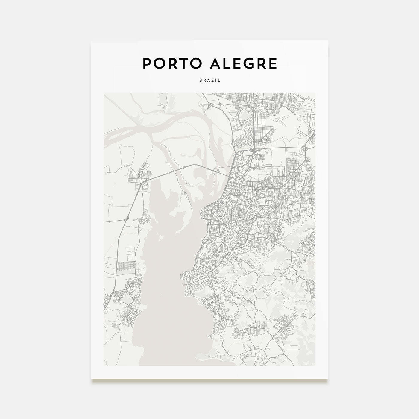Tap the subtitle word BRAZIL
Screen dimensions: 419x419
tap(209, 81)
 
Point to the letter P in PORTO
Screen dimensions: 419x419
tap(146, 63)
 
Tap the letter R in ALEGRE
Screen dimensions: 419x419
tap(260, 63)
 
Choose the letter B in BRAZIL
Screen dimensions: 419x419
tap(200, 81)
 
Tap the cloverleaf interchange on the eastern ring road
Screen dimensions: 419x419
tap(306, 148)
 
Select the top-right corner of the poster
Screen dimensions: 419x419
tap(328, 41)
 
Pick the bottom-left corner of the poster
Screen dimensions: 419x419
tap(91, 378)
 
